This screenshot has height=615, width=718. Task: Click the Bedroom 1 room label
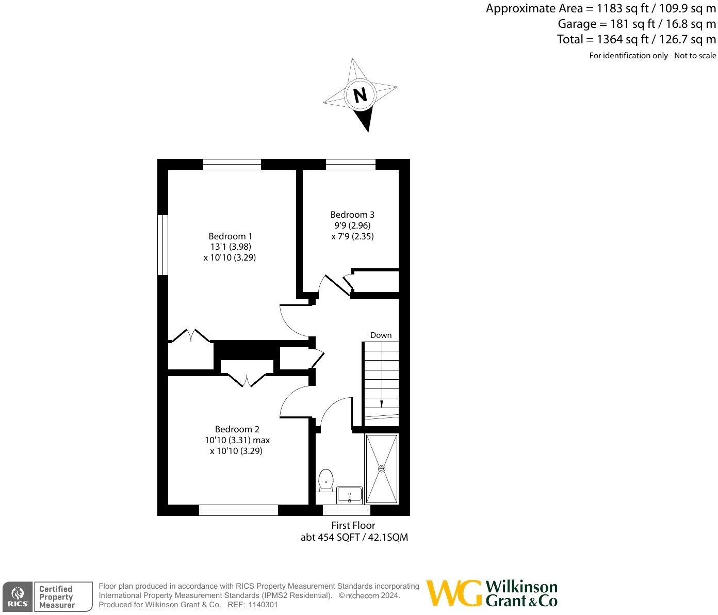(x=230, y=236)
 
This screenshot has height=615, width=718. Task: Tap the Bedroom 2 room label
(x=237, y=429)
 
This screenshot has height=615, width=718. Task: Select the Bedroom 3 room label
(x=352, y=215)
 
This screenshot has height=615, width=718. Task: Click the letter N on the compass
(x=360, y=95)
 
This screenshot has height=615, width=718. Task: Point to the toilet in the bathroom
(x=325, y=480)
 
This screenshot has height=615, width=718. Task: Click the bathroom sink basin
(x=350, y=496)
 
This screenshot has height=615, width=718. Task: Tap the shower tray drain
(x=382, y=468)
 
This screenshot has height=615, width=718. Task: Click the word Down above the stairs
(x=381, y=335)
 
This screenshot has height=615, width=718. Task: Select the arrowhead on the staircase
(x=381, y=404)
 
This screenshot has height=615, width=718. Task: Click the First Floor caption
(x=353, y=525)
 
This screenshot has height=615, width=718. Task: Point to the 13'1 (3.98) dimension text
(x=230, y=247)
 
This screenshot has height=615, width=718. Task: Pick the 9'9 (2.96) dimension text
(x=352, y=225)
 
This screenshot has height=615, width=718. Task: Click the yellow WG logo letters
(x=453, y=594)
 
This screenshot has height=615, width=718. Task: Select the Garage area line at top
(x=637, y=24)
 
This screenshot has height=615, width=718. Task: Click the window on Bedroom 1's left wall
(x=163, y=245)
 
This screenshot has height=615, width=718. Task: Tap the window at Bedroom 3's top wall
(x=351, y=165)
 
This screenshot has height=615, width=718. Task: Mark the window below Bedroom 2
(x=238, y=510)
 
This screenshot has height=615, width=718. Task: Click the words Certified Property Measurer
(x=57, y=597)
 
